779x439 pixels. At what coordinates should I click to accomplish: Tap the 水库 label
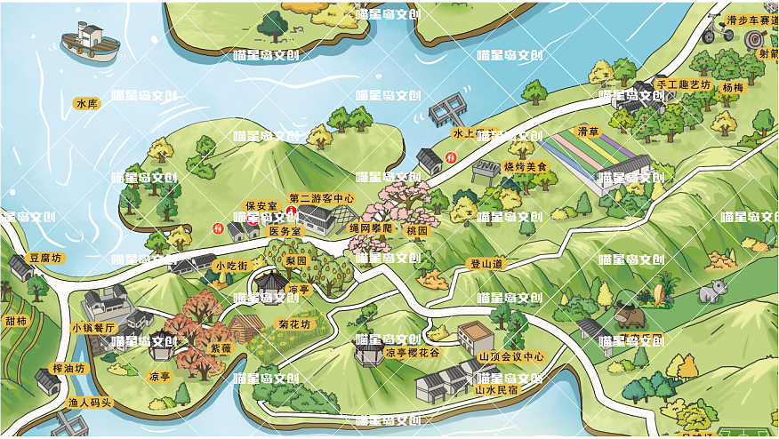[x=87, y=104]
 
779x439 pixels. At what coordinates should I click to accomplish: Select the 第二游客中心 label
[x=322, y=198]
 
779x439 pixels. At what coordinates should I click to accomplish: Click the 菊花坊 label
[x=293, y=323]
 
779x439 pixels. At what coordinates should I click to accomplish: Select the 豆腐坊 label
[x=45, y=258]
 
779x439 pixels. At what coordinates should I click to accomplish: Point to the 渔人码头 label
[x=91, y=403]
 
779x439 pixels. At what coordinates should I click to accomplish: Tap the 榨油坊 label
[x=68, y=368]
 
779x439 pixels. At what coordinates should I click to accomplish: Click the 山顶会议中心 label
[x=511, y=356]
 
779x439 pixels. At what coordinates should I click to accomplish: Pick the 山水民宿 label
[x=496, y=389]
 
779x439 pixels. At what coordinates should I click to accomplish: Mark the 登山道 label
[x=486, y=264]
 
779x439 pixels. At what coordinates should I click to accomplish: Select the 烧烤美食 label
[x=526, y=166]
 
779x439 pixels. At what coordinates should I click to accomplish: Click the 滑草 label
[x=589, y=132]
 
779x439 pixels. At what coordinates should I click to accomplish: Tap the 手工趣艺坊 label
[x=683, y=84]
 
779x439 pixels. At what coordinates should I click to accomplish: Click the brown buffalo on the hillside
[x=629, y=315]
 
